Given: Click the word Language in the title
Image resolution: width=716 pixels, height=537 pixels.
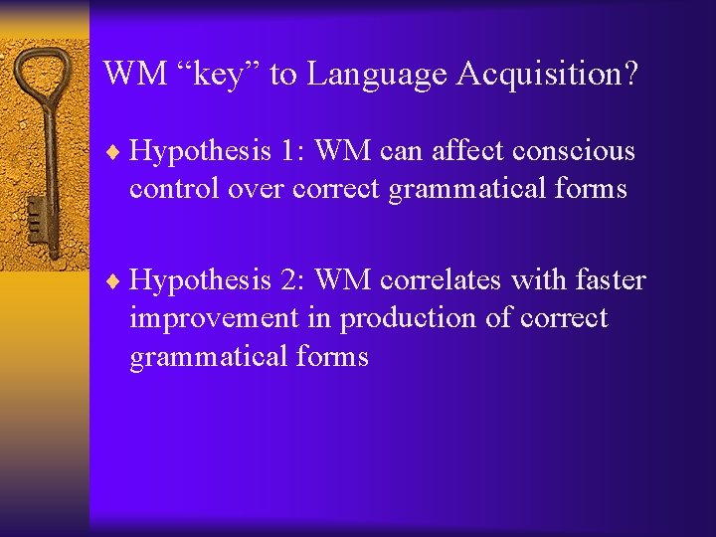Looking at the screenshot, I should click(x=377, y=74).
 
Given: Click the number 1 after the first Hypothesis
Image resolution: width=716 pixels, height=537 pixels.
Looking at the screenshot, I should click(x=287, y=151).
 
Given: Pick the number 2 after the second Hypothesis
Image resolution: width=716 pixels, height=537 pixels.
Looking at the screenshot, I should click(x=287, y=280).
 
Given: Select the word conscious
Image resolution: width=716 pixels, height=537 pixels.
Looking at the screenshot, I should click(x=573, y=151).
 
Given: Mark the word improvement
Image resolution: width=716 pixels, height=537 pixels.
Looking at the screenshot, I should click(x=214, y=319).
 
